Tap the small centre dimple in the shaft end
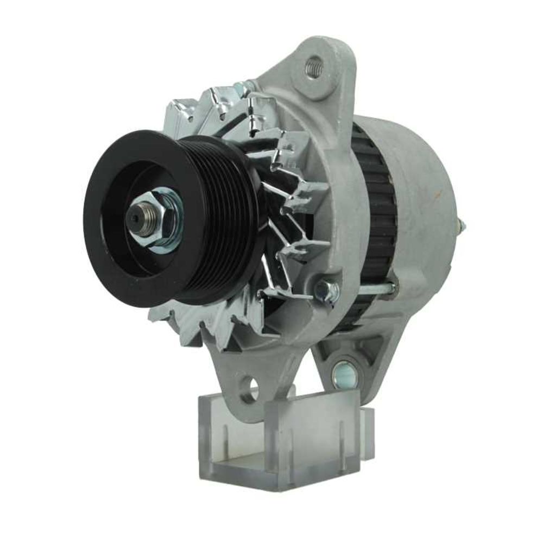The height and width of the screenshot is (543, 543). pos(133,217)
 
